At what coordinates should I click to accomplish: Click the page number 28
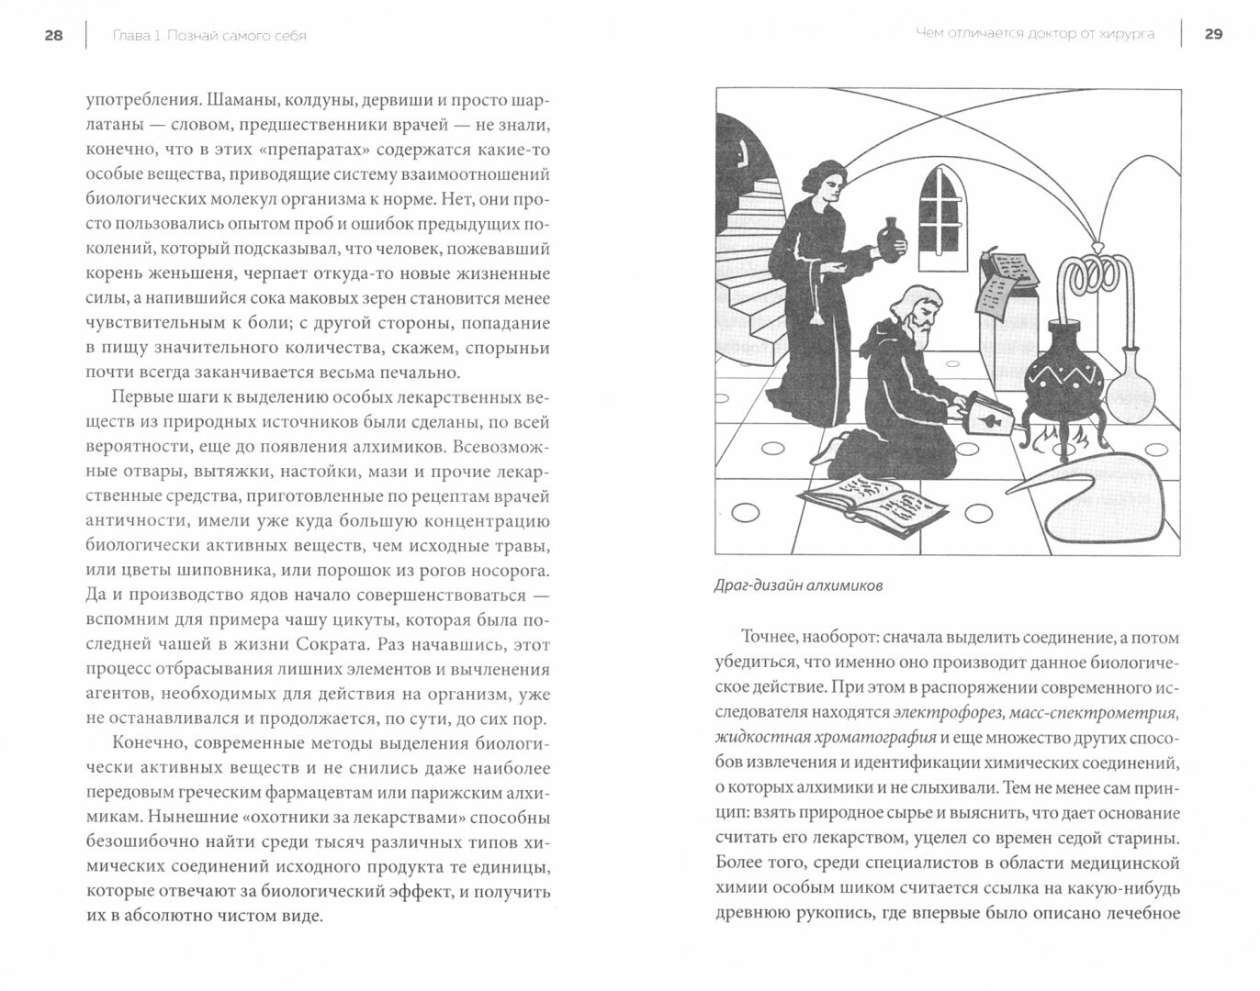click(x=53, y=36)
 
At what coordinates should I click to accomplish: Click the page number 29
click(x=1213, y=34)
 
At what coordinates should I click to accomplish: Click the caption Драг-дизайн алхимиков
click(x=797, y=585)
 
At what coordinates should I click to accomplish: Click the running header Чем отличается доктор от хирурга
click(x=1034, y=35)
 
